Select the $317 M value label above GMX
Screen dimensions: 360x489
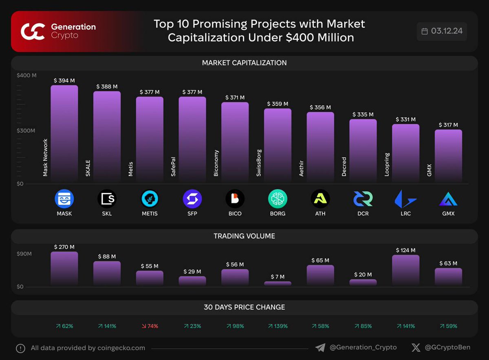[448, 125]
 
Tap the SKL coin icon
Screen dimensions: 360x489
[107, 199]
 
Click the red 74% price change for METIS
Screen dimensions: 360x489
[150, 326]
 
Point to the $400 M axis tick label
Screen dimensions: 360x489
[26, 75]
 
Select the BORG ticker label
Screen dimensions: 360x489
[278, 214]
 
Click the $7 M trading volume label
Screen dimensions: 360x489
[278, 277]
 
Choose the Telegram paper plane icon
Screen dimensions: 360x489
[320, 348]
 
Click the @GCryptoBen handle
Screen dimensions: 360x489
[447, 348]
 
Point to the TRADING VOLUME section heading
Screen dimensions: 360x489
[244, 236]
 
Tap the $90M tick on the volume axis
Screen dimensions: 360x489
[24, 254]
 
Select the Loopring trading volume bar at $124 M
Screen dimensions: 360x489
[405, 270]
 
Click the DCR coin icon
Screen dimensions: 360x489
[363, 199]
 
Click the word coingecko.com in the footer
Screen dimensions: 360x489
[121, 348]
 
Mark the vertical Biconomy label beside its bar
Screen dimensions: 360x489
[216, 163]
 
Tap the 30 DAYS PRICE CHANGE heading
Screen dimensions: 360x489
[244, 307]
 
